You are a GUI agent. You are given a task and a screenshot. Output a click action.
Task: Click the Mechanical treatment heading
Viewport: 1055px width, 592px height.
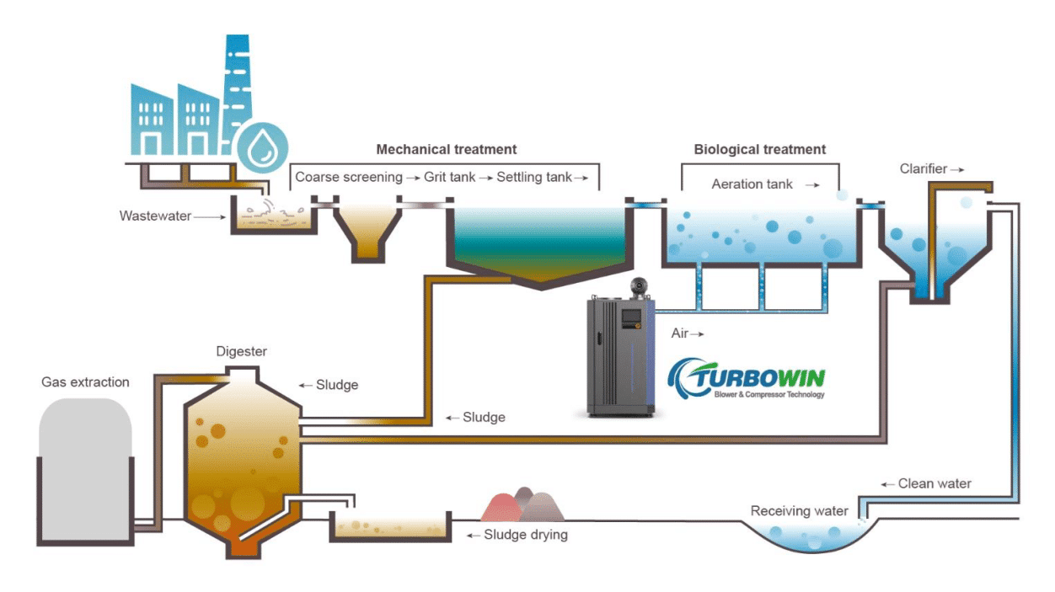point(446,150)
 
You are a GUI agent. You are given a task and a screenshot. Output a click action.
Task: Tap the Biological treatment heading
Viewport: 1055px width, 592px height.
point(759,150)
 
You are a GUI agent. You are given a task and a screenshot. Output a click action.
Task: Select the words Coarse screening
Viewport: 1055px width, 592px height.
point(348,178)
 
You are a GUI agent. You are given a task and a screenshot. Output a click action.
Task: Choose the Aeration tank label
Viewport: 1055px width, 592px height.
point(752,184)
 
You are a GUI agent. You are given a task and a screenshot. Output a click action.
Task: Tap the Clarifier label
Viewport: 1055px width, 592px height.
point(924,169)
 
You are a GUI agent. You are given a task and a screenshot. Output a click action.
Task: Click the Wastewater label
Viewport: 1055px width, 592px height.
point(155,216)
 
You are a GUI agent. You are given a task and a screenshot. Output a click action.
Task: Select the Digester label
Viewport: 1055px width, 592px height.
point(241,351)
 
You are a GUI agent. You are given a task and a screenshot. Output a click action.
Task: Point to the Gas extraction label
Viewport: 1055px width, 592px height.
point(85,382)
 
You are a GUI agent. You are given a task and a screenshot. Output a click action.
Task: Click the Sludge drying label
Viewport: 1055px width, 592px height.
point(525,535)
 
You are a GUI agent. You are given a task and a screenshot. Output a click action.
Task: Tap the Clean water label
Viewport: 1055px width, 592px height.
point(935,483)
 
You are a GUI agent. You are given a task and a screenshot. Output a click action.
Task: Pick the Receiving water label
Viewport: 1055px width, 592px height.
point(799,511)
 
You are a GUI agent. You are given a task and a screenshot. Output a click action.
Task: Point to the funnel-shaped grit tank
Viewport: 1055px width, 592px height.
point(367,232)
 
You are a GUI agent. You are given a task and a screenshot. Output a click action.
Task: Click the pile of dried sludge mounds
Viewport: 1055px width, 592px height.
point(522,505)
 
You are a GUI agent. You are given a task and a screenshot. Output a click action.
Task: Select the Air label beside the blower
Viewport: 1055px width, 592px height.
point(680,333)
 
